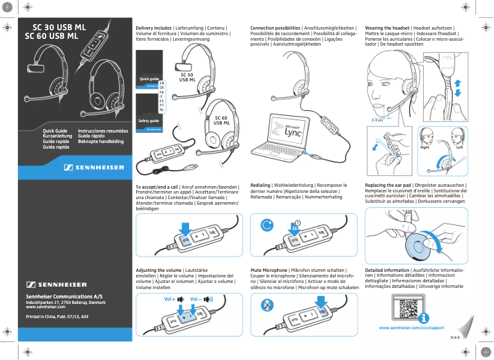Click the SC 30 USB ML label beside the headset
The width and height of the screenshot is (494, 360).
pyautogui.click(x=187, y=77)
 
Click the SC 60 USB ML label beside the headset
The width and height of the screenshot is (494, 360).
pyautogui.click(x=221, y=120)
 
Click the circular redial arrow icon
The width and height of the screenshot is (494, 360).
pyautogui.click(x=267, y=225)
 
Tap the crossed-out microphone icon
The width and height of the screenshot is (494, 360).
pyautogui.click(x=267, y=305)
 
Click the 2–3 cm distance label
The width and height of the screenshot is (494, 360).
pyautogui.click(x=377, y=120)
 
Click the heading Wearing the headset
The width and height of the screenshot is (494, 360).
pyautogui.click(x=387, y=28)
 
